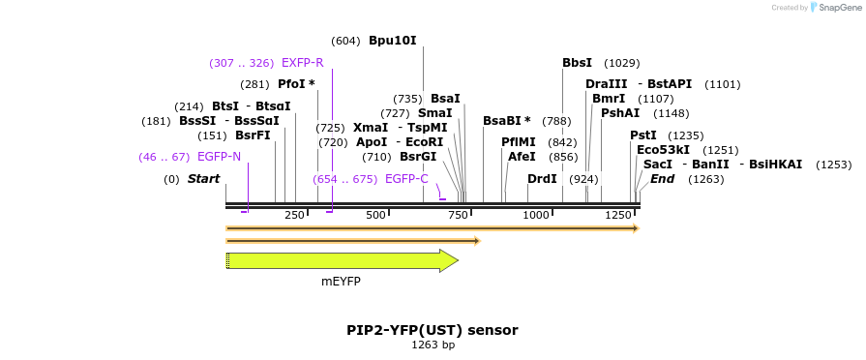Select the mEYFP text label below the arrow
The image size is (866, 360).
pos(341,281)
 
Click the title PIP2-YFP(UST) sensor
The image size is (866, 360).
pos(433,330)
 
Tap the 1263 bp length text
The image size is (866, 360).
pos(433,345)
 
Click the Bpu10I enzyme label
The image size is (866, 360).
pos(392,41)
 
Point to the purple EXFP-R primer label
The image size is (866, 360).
pos(302,63)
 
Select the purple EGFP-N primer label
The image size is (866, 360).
pos(219,156)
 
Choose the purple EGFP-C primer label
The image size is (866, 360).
pos(406,179)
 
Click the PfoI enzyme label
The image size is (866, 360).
pos(296,84)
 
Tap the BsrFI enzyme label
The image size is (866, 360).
pos(253,135)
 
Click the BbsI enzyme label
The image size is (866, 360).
pos(577,63)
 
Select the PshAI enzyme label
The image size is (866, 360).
pos(620,113)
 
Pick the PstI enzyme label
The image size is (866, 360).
pos(643,135)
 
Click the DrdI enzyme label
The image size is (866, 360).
pos(542,179)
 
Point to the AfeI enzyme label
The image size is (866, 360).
pos(522,157)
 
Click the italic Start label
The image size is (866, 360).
pos(203,179)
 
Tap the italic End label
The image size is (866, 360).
pos(662,179)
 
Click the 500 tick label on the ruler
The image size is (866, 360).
pos(375,215)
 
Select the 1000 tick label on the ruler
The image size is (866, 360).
pos(535,215)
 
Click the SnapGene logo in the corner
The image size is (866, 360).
pos(834,8)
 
